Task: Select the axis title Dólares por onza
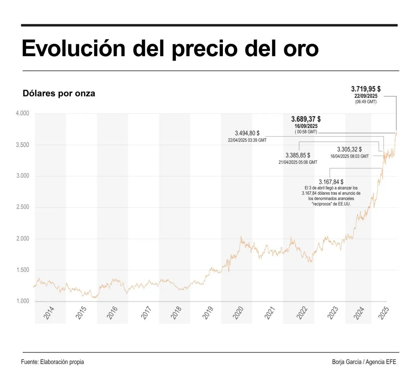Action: pyautogui.click(x=59, y=94)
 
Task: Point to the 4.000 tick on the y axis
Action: pyautogui.click(x=23, y=113)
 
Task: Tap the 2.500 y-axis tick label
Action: pyautogui.click(x=23, y=207)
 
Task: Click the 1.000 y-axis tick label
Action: pyautogui.click(x=23, y=301)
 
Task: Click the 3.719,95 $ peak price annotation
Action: pyautogui.click(x=366, y=89)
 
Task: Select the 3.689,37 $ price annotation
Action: pyautogui.click(x=306, y=119)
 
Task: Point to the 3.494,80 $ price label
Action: pyautogui.click(x=247, y=133)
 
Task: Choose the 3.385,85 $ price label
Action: pyautogui.click(x=298, y=155)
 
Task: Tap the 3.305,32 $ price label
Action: pyautogui.click(x=349, y=149)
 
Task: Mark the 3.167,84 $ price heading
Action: pyautogui.click(x=331, y=182)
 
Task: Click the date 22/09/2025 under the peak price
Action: pyautogui.click(x=366, y=96)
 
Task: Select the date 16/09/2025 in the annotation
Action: pyautogui.click(x=306, y=126)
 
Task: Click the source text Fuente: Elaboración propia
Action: pyautogui.click(x=53, y=362)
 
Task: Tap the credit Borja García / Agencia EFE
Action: pyautogui.click(x=364, y=362)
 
